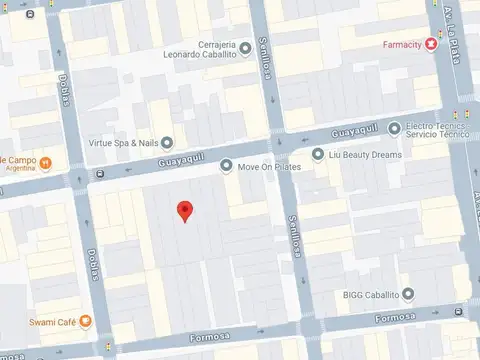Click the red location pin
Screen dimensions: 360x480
[184, 211]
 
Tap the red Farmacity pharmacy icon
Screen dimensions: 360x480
[431, 44]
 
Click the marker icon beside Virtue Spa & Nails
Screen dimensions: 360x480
[167, 143]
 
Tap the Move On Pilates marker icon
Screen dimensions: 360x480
[226, 166]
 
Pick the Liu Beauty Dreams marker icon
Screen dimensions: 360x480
[318, 154]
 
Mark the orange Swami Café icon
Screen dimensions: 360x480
[85, 321]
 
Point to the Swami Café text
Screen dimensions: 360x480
[47, 321]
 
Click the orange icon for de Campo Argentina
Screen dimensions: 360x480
[47, 161]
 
